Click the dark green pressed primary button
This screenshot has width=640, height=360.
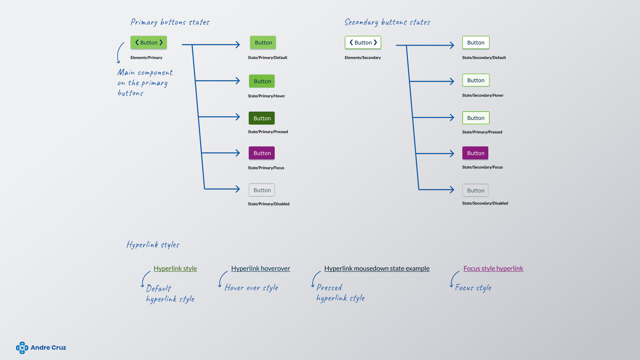262,118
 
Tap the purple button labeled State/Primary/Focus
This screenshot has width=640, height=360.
262,153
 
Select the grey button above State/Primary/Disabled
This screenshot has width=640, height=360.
262,190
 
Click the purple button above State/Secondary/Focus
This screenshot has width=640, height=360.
475,153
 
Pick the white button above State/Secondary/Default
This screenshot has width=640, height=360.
476,43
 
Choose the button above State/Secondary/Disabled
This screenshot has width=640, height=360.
475,190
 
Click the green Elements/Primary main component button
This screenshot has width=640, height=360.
149,43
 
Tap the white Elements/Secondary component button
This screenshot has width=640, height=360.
363,43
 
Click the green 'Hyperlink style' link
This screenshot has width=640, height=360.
175,268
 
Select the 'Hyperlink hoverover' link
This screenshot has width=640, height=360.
261,268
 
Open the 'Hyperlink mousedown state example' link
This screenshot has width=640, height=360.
377,268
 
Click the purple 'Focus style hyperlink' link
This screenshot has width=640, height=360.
493,268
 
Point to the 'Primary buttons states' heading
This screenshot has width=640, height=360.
170,22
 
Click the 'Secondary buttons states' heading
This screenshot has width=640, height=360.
387,22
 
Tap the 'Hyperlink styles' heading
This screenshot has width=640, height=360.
153,245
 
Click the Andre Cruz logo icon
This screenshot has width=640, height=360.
22,348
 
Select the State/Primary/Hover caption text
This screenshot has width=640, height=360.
266,96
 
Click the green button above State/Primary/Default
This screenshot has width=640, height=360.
263,43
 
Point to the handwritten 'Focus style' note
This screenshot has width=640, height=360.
473,288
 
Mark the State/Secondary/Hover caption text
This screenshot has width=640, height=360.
483,95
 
